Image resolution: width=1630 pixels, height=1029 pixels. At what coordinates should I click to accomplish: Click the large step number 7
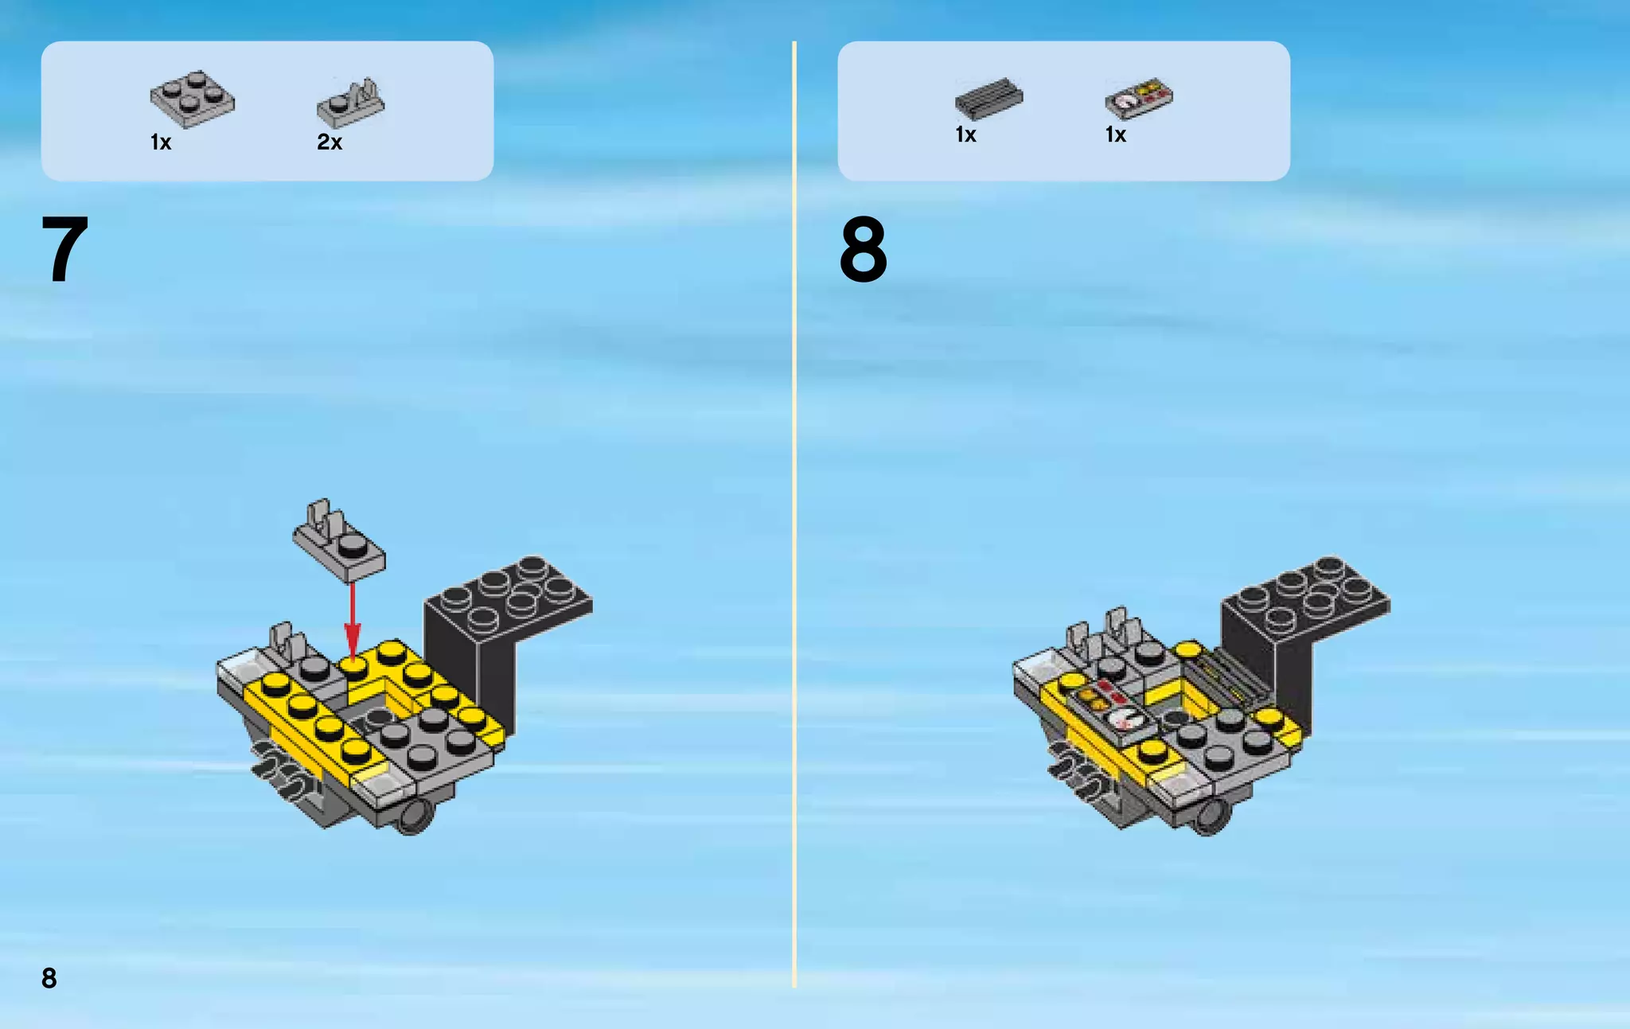[x=64, y=249]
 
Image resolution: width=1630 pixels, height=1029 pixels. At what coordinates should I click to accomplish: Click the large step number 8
[x=864, y=250]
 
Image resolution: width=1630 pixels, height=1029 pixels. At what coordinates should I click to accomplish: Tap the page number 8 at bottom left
[x=49, y=978]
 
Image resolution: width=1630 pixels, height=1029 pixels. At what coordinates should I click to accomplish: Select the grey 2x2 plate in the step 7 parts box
[x=193, y=99]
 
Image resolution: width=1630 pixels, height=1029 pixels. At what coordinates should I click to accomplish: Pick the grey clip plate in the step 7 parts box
[x=350, y=103]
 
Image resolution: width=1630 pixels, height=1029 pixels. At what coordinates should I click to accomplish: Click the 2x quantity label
[x=330, y=142]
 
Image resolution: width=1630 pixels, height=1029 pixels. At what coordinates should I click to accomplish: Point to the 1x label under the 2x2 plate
[x=161, y=142]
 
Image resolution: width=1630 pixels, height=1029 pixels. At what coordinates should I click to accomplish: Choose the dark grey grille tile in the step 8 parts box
[x=989, y=98]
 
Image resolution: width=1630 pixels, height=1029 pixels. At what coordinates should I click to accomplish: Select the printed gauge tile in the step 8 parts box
[x=1139, y=98]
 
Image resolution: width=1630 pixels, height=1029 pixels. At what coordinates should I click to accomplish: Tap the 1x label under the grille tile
[x=965, y=134]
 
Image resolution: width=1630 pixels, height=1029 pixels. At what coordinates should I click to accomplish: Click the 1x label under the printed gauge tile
[x=1116, y=134]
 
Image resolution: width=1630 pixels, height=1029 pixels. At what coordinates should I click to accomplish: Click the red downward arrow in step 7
[x=352, y=622]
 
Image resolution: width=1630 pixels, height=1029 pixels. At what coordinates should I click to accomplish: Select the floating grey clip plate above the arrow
[x=339, y=540]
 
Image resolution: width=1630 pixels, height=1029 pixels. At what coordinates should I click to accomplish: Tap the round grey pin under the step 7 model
[x=413, y=817]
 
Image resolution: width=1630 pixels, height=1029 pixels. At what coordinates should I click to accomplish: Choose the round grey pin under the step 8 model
[x=1211, y=817]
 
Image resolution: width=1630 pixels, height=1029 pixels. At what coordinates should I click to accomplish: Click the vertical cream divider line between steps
[x=794, y=514]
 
